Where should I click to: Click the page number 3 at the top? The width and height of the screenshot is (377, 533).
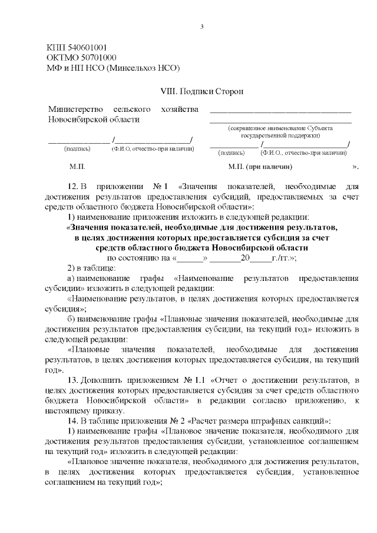[202, 27]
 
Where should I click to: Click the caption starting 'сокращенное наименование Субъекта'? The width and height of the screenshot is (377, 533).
[280, 128]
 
